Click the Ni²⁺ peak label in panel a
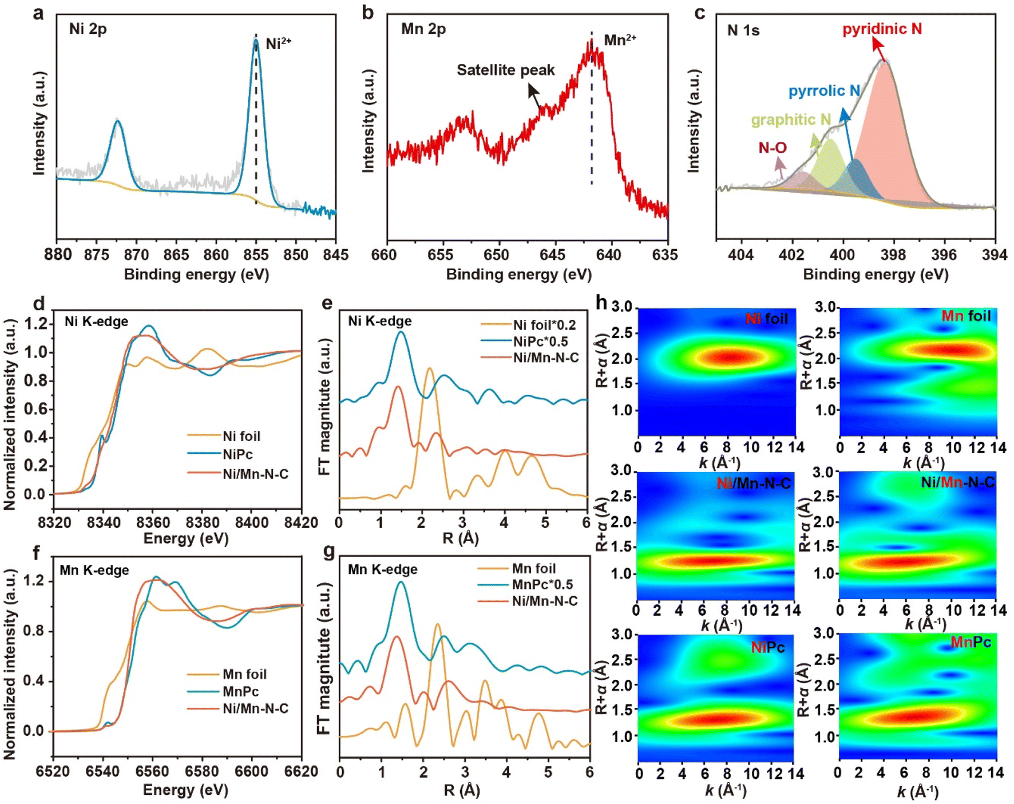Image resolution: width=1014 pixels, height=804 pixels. click(278, 43)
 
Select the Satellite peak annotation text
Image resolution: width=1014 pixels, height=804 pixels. click(505, 70)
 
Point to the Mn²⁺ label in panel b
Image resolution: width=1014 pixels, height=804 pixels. click(620, 41)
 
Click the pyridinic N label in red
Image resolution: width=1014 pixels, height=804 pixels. click(882, 29)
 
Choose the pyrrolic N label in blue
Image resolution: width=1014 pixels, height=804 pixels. click(824, 91)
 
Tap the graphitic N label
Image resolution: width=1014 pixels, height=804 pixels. click(790, 120)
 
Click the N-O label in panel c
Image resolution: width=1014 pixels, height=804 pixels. click(773, 148)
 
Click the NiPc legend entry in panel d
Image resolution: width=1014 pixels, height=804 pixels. click(237, 455)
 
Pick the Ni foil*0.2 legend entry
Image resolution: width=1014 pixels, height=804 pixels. click(544, 326)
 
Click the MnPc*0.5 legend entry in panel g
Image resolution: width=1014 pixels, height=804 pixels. click(542, 585)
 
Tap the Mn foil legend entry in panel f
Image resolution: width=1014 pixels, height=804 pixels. click(244, 675)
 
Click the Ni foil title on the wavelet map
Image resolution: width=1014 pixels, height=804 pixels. click(767, 319)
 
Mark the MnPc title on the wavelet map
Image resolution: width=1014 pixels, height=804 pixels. click(971, 643)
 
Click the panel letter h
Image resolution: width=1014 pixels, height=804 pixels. click(601, 302)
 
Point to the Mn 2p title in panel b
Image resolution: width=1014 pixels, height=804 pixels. click(423, 29)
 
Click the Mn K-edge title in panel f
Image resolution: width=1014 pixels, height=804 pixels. click(94, 571)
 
